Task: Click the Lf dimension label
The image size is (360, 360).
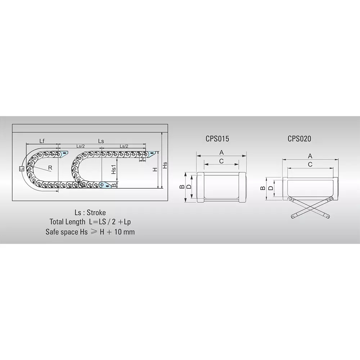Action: point(42,140)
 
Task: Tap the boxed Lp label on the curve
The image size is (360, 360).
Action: point(22,168)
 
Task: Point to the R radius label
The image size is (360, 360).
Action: point(50,168)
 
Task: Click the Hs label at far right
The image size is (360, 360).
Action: point(165,165)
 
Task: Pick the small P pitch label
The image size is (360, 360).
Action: point(143,159)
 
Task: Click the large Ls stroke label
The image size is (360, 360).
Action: point(101,141)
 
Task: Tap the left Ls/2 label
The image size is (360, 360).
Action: point(81,146)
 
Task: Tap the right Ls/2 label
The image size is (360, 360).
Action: point(124,146)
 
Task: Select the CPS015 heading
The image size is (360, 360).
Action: point(217,139)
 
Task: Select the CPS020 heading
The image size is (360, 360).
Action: point(299,138)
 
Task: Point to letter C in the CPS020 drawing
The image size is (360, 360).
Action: point(310,164)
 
